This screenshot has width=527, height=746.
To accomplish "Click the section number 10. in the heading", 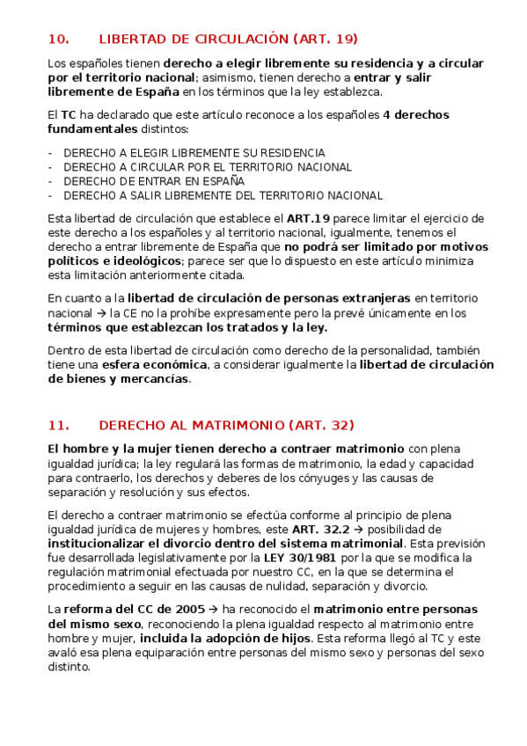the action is (58, 39).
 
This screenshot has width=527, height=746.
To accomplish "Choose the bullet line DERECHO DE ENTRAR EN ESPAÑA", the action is (154, 181).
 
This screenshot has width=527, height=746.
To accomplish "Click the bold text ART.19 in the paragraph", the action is (308, 217).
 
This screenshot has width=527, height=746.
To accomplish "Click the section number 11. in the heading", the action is (58, 426).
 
